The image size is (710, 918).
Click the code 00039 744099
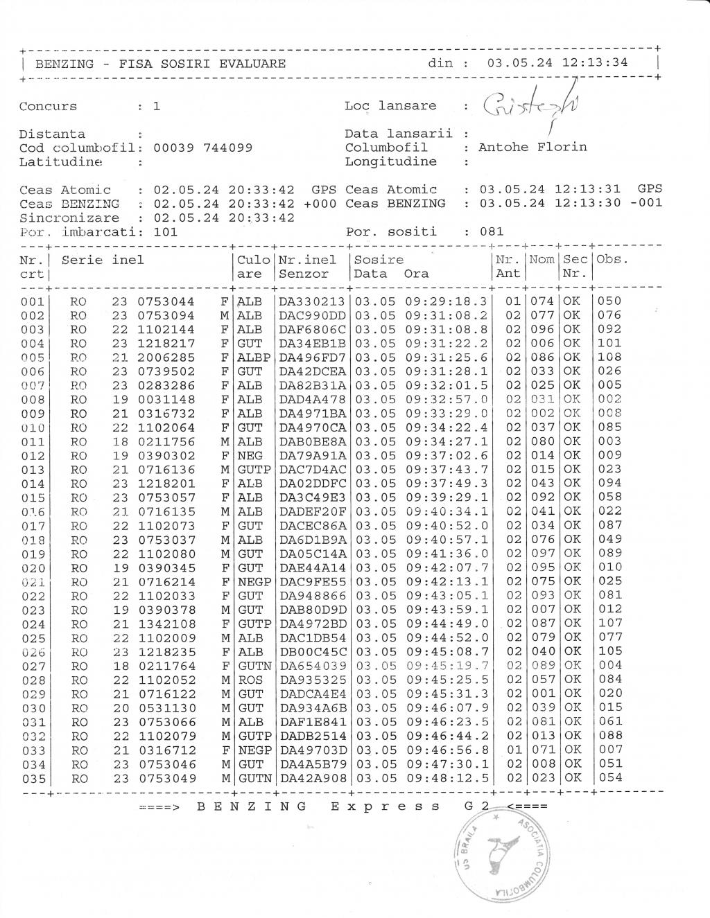tap(202, 148)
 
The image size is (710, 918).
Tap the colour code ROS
tap(250, 680)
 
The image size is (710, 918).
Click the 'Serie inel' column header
tap(103, 260)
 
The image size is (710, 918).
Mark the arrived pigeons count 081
tap(492, 231)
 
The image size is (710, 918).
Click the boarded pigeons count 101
tap(166, 231)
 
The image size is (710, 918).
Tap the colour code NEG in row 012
tap(250, 455)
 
